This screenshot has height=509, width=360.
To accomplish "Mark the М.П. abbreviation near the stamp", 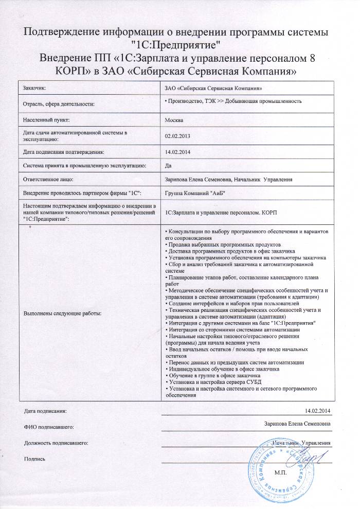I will [281, 472].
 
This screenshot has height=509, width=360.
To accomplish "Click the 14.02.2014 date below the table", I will [317, 410].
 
